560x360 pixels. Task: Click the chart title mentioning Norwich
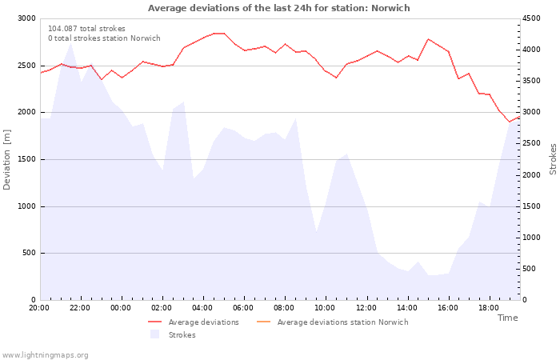pos(279,8)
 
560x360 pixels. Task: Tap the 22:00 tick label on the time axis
pos(80,308)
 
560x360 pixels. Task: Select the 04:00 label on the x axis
pos(202,308)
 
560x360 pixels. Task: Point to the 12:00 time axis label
pos(366,308)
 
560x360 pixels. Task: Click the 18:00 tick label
pos(489,308)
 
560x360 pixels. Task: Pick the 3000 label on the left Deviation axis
pos(26,18)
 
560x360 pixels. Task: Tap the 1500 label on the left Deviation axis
pos(26,159)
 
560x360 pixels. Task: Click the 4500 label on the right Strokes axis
pos(531,18)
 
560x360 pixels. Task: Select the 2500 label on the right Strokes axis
pos(531,143)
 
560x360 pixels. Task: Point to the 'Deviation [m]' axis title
pos(6,160)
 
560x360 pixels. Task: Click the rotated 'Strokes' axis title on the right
pos(553,159)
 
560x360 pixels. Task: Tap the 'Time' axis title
pos(507,318)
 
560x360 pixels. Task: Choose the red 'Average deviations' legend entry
pos(194,322)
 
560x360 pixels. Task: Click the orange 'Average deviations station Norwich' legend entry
pos(333,322)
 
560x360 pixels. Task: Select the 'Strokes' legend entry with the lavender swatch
pos(173,334)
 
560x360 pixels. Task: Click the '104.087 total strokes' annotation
pos(86,29)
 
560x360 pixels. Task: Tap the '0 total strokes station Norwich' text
pos(104,38)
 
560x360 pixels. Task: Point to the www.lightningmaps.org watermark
pos(45,355)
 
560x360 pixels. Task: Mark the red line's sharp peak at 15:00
pos(428,39)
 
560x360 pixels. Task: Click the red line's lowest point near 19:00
pos(510,122)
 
